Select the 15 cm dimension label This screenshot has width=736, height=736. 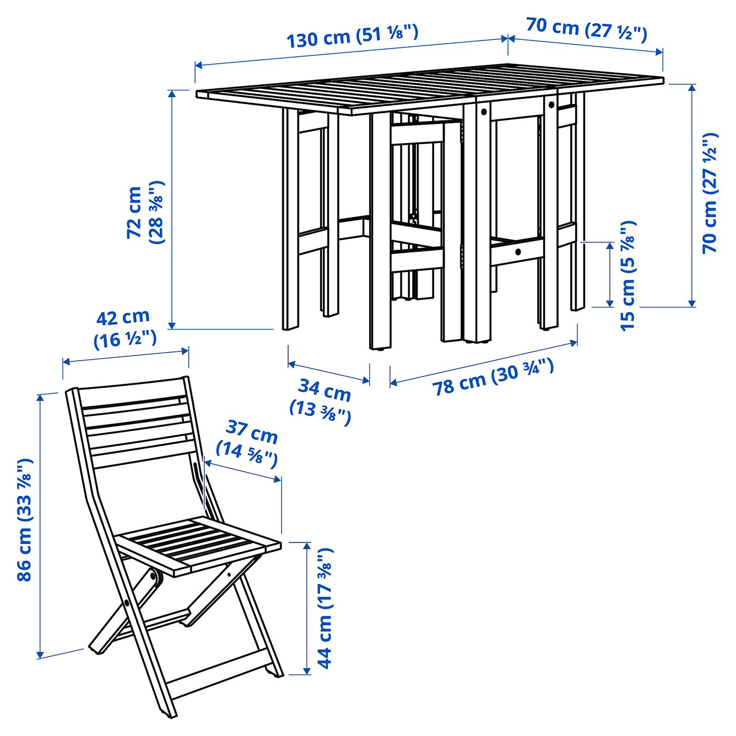click(x=628, y=275)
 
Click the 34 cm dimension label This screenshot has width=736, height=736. click(x=320, y=402)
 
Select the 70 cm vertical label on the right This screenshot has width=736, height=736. click(x=710, y=193)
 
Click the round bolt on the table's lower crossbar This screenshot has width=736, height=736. click(x=518, y=252)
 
